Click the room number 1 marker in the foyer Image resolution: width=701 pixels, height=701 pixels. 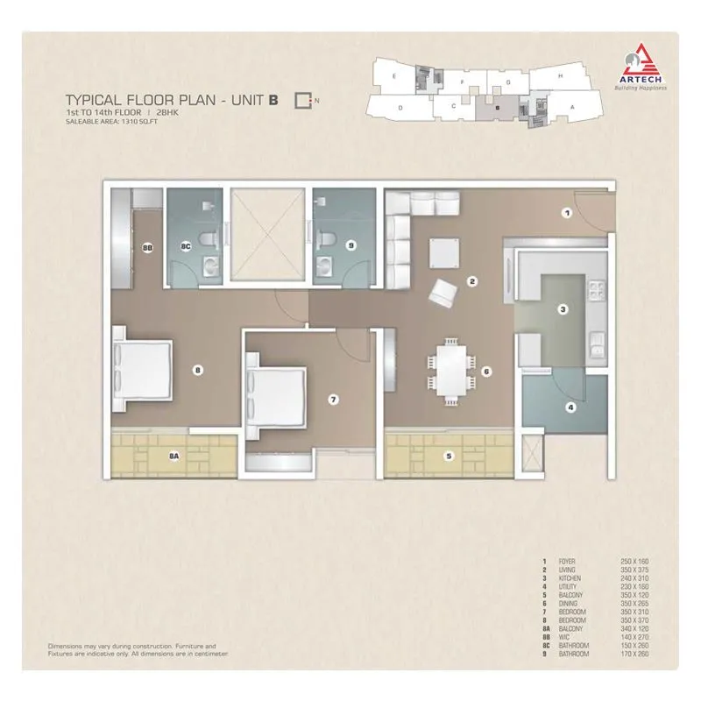coord(567,212)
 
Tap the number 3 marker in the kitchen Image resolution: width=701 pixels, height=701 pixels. coord(563,308)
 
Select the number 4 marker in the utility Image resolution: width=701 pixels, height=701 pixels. coord(570,407)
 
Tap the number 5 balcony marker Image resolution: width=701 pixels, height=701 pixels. coord(448,455)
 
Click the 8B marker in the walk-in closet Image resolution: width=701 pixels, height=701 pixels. coord(146,249)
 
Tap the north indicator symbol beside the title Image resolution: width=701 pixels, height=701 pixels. coord(303,100)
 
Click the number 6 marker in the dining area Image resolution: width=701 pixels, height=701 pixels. coord(485,371)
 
